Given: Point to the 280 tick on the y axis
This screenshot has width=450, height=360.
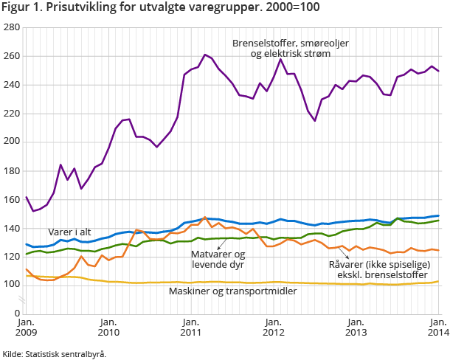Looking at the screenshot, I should (12, 27).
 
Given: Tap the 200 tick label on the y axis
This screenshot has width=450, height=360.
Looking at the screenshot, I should (12, 142).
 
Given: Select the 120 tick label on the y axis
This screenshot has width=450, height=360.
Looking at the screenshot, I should (12, 257).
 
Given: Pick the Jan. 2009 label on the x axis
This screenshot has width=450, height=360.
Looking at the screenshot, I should (26, 328).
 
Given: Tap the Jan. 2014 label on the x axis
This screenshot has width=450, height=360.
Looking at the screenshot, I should (437, 328).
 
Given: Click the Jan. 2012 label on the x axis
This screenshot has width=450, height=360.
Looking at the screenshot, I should (273, 328).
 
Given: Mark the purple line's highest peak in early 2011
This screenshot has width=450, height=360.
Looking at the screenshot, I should (204, 55).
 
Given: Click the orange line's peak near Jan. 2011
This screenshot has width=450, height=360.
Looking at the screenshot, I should (204, 218).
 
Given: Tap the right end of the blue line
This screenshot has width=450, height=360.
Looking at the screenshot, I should (438, 216).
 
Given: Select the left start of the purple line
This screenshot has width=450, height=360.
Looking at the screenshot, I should (26, 197).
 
